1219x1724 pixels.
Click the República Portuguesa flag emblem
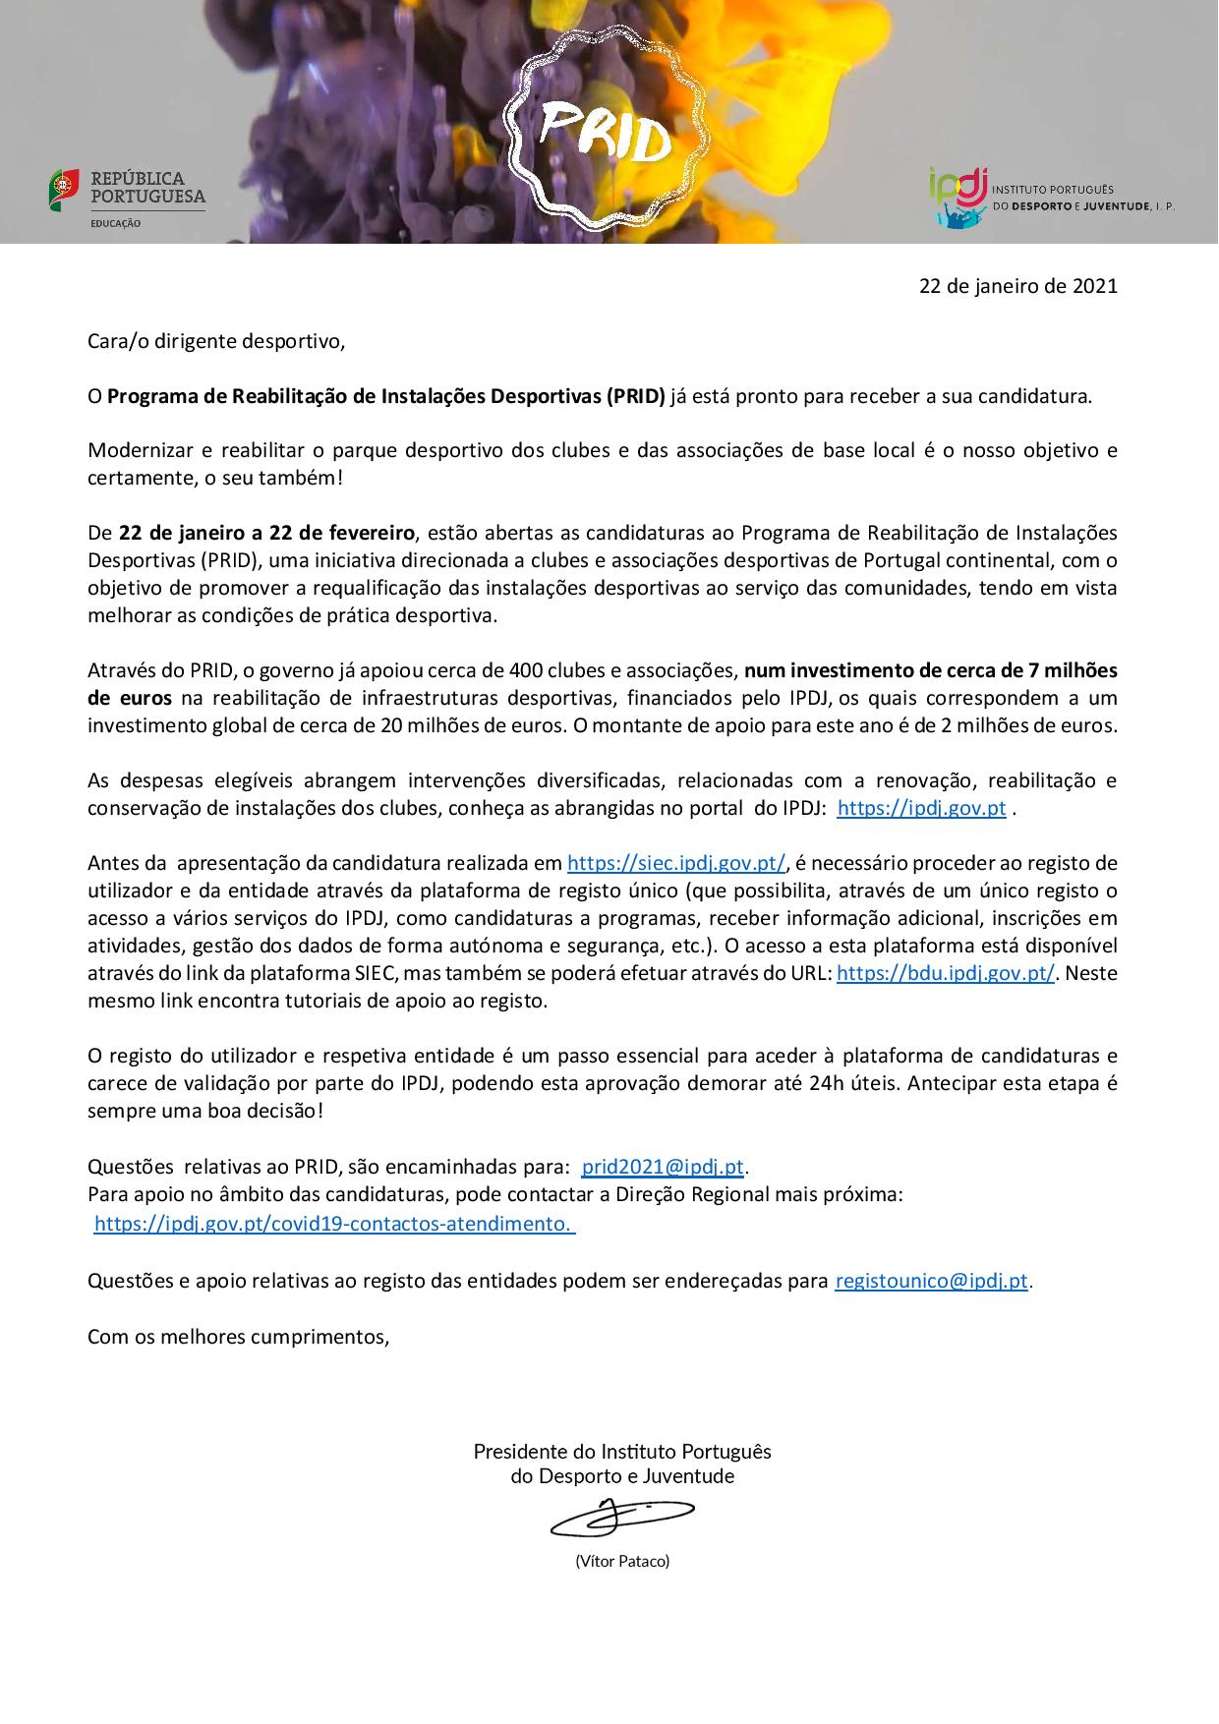click(64, 188)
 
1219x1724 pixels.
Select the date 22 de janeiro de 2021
click(1017, 286)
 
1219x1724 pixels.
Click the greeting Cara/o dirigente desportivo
click(216, 342)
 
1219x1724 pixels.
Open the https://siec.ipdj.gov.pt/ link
click(676, 863)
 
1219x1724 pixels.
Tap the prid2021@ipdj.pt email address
click(664, 1167)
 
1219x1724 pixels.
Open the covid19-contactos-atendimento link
click(334, 1224)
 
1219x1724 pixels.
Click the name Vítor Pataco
click(622, 1560)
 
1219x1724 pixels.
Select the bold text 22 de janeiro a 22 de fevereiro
click(267, 534)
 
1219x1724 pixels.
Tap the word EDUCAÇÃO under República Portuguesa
click(116, 224)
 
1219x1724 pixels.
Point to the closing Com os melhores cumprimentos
click(239, 1337)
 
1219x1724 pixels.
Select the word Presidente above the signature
click(520, 1451)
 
